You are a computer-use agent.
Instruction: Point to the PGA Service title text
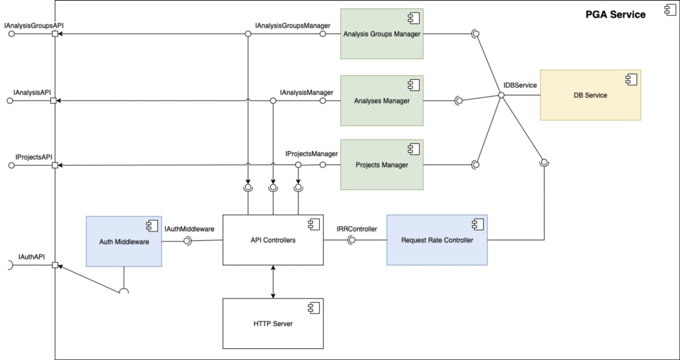[x=615, y=15]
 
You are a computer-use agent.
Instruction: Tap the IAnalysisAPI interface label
[x=33, y=91]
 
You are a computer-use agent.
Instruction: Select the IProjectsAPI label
[x=34, y=157]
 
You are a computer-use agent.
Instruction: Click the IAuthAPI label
[x=32, y=257]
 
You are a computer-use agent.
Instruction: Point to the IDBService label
[x=520, y=85]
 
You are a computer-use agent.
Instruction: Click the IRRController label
[x=357, y=229]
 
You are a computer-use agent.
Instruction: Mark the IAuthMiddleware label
[x=189, y=229]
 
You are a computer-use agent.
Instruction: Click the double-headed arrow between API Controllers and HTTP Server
[x=273, y=282]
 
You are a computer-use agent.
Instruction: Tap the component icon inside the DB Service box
[x=631, y=79]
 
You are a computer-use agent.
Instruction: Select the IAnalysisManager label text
[x=306, y=92]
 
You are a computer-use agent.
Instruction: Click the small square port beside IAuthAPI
[x=55, y=265]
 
